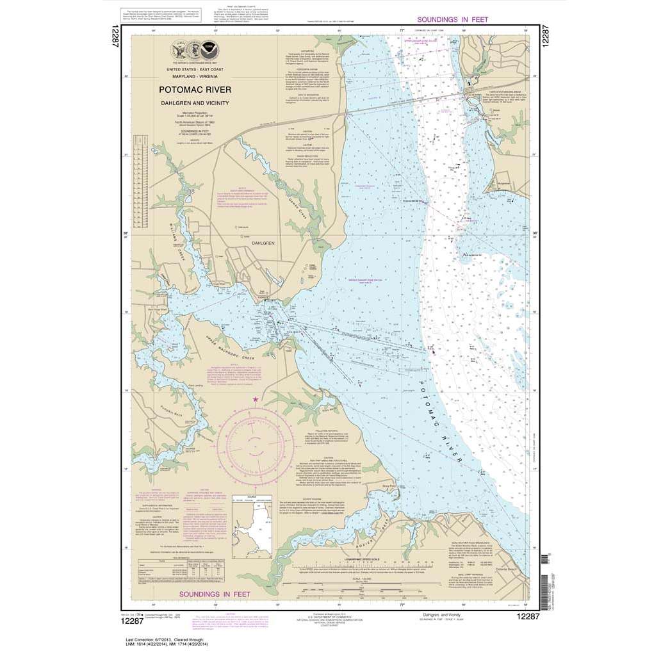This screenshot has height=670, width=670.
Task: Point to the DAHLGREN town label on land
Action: point(263,243)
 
